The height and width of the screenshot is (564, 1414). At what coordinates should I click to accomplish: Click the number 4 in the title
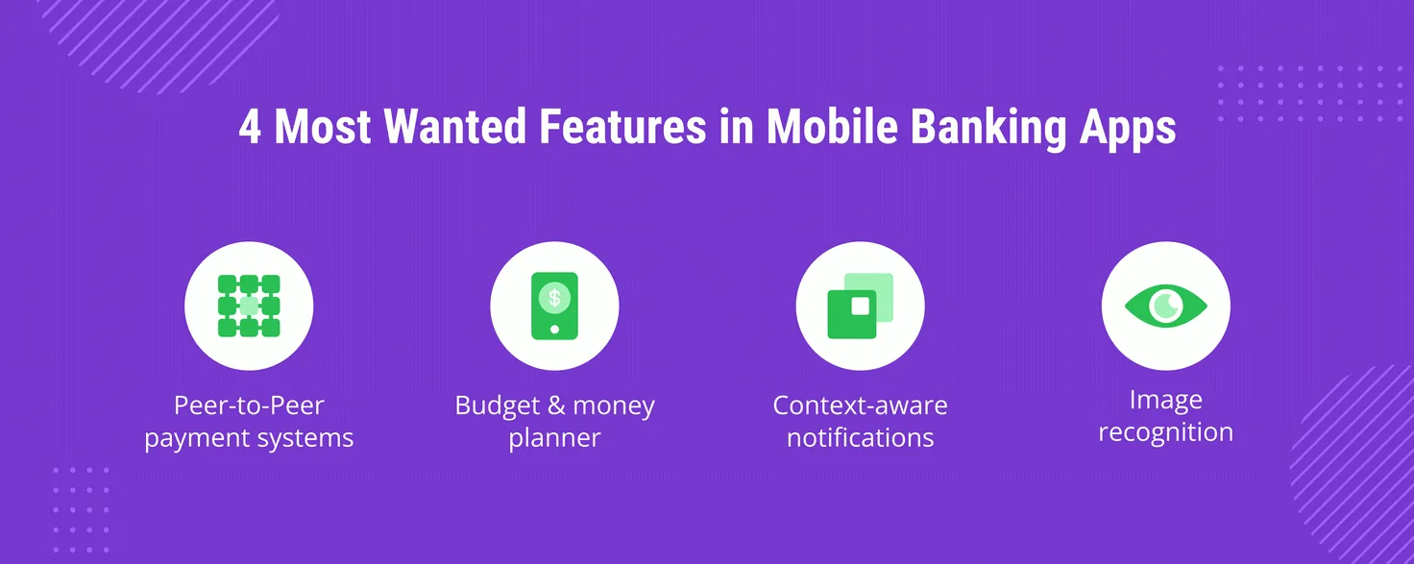(250, 127)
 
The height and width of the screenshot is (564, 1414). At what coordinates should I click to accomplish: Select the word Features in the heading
(622, 127)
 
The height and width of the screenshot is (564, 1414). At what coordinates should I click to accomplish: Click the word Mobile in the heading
(832, 127)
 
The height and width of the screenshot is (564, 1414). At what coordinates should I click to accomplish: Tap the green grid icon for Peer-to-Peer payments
(249, 306)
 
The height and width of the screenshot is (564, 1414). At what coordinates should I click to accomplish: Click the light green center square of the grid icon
(249, 306)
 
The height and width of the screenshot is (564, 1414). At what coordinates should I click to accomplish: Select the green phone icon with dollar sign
(554, 306)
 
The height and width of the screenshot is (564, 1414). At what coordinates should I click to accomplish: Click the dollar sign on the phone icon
(554, 297)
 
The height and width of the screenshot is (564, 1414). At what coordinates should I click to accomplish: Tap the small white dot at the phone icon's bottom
(554, 329)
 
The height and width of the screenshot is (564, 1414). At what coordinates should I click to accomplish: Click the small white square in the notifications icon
(861, 307)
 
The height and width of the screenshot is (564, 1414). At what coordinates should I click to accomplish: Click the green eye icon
(1165, 306)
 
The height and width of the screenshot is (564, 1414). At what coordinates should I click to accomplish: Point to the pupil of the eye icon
(1166, 306)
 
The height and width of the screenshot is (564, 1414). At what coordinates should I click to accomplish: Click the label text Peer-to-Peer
(249, 405)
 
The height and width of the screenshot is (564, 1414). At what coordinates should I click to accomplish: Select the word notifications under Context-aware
(861, 438)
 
